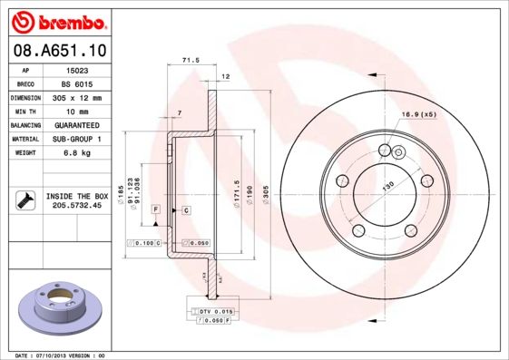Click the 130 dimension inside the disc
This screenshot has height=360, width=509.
tap(387, 187)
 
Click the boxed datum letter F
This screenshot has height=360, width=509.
tap(156, 209)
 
